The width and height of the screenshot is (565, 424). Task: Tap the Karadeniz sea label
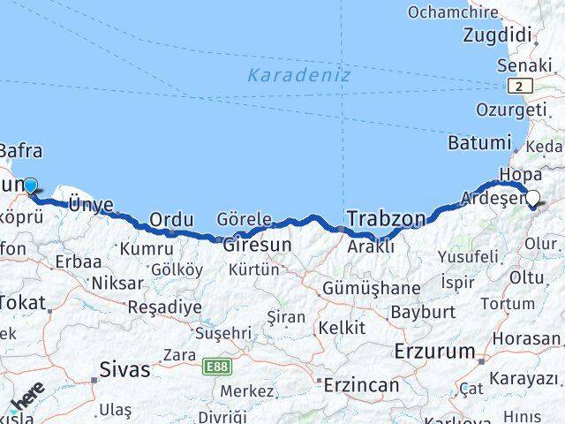tap(298, 75)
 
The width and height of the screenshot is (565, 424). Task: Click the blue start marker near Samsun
tap(31, 185)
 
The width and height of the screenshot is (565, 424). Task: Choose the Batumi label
tap(479, 142)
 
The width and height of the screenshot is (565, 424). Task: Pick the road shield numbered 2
tap(521, 86)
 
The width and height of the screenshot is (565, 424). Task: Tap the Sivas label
tap(124, 369)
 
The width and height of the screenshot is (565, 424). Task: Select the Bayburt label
tap(422, 312)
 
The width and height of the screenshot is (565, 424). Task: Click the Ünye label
tap(91, 204)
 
